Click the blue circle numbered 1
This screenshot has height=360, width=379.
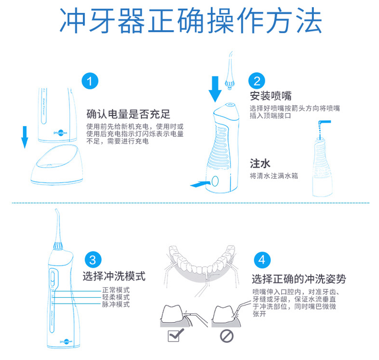89,82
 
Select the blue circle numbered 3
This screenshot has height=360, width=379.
92,260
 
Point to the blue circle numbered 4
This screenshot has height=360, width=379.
262,260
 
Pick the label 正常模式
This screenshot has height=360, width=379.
115,290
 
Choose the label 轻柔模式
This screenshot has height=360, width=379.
115,297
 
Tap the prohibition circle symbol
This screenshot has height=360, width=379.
227,337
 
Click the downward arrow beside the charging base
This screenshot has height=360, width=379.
25,136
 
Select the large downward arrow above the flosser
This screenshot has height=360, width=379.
216,88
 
